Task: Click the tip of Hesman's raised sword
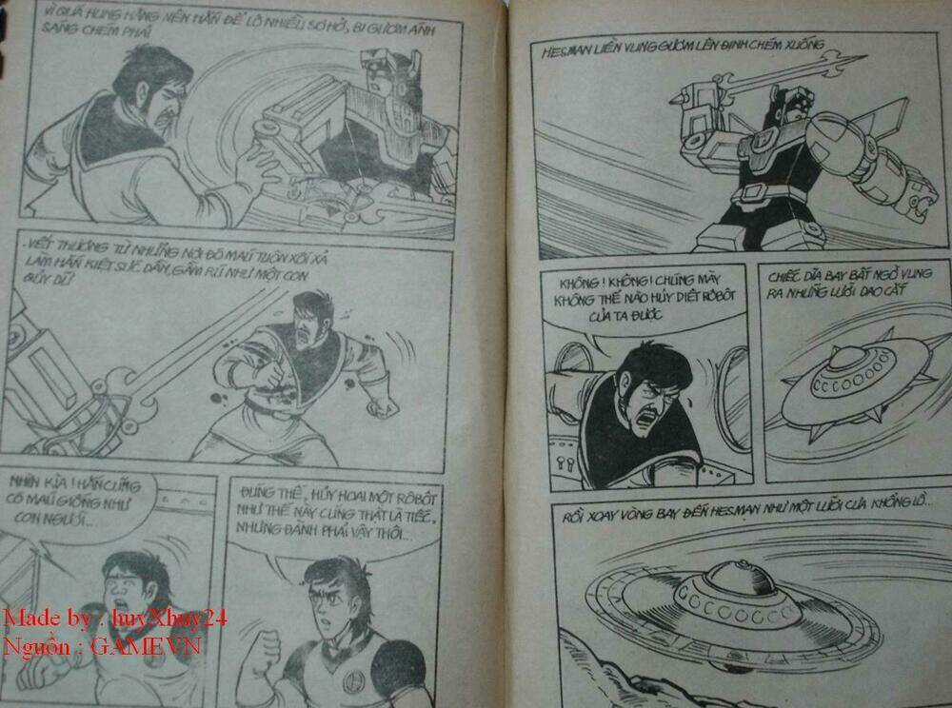(x=847, y=63)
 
